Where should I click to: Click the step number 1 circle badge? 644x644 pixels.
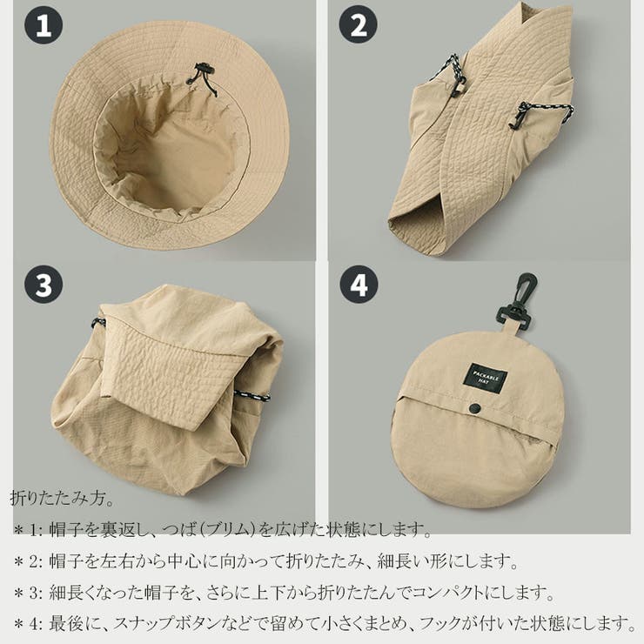[x=44, y=24]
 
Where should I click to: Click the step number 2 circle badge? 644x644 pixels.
[x=359, y=24]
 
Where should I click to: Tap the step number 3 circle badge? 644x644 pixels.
[x=44, y=285]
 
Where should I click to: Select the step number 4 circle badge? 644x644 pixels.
[x=359, y=285]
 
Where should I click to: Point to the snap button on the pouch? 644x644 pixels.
[x=475, y=407]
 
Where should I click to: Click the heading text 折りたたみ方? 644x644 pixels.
[x=62, y=498]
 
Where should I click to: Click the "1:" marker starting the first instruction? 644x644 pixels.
[x=36, y=530]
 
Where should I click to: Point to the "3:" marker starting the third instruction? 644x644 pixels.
[x=36, y=593]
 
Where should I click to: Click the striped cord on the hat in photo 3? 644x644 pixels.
[x=252, y=396]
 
